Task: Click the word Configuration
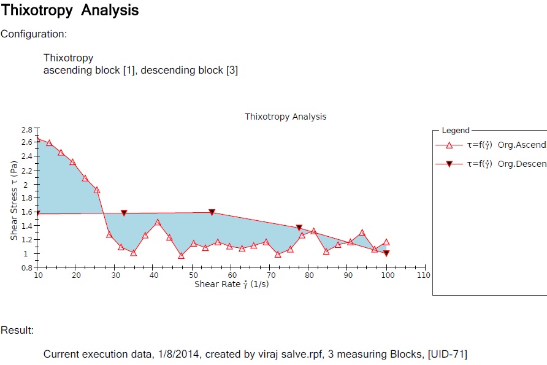tap(33, 34)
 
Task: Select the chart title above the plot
tap(285, 117)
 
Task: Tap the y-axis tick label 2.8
tap(27, 130)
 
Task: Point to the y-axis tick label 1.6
tap(27, 212)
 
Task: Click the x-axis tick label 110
tap(424, 275)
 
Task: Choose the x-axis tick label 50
tap(193, 275)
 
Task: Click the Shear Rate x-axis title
tap(231, 285)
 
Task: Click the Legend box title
tap(456, 131)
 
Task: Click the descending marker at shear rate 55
tap(212, 212)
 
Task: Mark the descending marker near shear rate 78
tap(299, 228)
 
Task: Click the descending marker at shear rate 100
tap(386, 253)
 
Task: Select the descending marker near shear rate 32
tap(124, 213)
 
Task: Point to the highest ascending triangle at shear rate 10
tap(37, 139)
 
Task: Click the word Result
tap(17, 331)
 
